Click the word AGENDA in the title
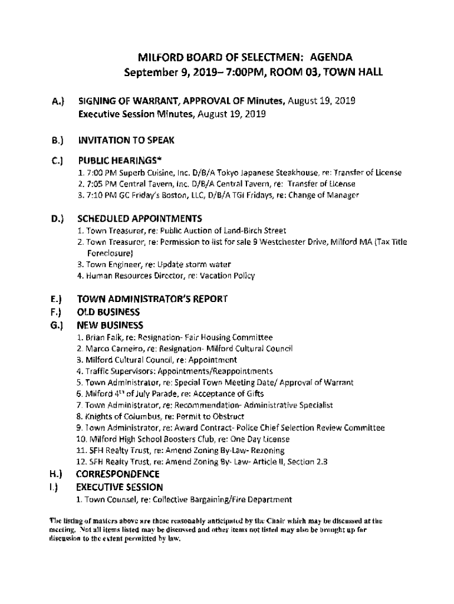tap(331, 58)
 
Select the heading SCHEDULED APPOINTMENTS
tap(140, 218)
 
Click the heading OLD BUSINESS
tap(108, 312)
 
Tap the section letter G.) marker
tap(57, 325)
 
